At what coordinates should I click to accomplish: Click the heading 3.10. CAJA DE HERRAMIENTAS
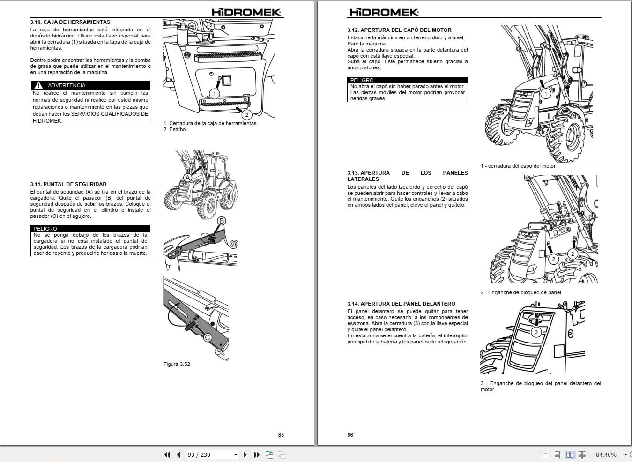coord(70,22)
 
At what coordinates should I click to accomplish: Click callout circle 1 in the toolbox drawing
coord(215,94)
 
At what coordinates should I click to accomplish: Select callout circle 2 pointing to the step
coord(246,114)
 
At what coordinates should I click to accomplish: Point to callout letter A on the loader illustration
coord(187,178)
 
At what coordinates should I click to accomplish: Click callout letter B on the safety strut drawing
coord(221,221)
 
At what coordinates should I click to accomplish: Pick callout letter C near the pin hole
coord(208,337)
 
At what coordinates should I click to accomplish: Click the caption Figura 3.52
coord(177,364)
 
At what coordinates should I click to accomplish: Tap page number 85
coord(281,435)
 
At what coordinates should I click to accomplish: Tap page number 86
coord(350,435)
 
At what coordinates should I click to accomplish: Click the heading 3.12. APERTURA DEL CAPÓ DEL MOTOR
coord(399,30)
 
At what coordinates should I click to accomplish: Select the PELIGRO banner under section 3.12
coord(407,80)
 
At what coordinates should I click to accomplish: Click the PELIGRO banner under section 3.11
coord(90,229)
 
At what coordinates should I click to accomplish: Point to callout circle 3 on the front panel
coord(536,332)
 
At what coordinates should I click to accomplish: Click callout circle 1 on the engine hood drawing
coord(545,94)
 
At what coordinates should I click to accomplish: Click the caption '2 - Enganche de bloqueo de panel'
coord(520,292)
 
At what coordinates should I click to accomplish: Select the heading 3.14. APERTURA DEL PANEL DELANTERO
coord(401,304)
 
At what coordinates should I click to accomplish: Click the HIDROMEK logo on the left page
coord(246,13)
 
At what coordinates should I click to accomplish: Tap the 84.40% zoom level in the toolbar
coord(606,455)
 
